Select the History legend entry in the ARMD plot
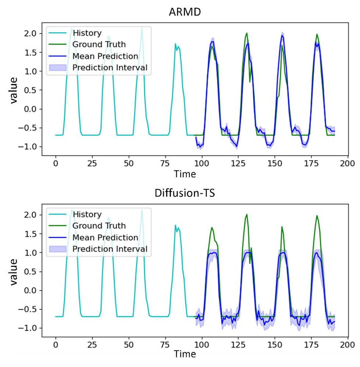pyautogui.click(x=87, y=33)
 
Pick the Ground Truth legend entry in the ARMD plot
pyautogui.click(x=99, y=45)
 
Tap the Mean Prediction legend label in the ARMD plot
pyautogui.click(x=105, y=56)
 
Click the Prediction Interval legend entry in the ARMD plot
pyautogui.click(x=110, y=68)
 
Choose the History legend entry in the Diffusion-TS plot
pyautogui.click(x=87, y=214)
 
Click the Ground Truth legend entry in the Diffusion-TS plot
pyautogui.click(x=99, y=226)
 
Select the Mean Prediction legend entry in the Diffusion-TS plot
pyautogui.click(x=105, y=237)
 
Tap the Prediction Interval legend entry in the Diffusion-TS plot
pyautogui.click(x=110, y=249)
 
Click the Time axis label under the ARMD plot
pyautogui.click(x=185, y=173)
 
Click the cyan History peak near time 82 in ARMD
pyautogui.click(x=175, y=44)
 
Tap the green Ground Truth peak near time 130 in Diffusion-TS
pyautogui.click(x=246, y=215)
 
